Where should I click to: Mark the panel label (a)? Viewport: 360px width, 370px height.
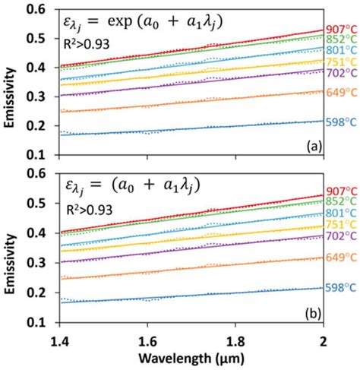(311, 144)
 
